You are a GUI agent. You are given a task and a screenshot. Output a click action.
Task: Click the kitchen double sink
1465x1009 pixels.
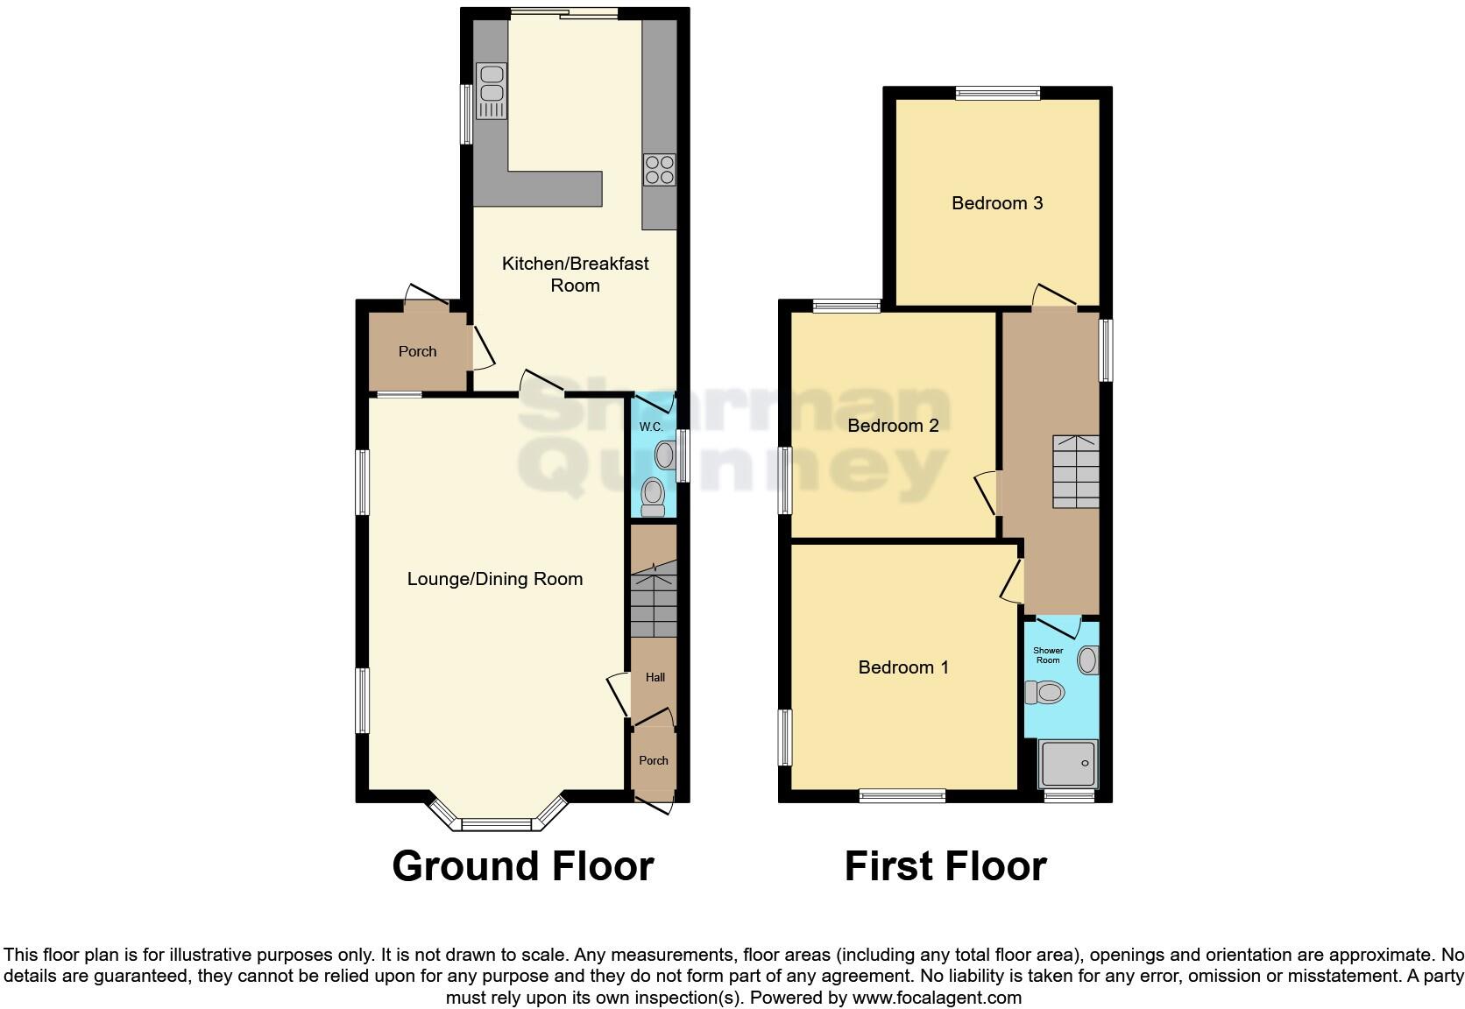(x=491, y=90)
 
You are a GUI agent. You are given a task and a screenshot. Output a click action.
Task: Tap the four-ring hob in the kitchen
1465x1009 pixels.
(x=659, y=170)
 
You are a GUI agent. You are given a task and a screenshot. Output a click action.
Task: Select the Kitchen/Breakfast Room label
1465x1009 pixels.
(x=575, y=274)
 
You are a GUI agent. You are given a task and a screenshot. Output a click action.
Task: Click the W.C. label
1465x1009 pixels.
(x=650, y=427)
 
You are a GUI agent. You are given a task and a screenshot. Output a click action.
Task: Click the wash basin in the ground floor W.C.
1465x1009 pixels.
(x=665, y=455)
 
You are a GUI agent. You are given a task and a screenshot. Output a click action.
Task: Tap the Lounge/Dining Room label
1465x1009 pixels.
(x=495, y=579)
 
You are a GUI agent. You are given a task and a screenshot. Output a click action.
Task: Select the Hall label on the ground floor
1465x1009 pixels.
(x=655, y=677)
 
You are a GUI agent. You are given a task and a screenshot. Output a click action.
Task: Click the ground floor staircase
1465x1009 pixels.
(x=654, y=604)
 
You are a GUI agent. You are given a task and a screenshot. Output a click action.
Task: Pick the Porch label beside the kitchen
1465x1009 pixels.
(x=417, y=351)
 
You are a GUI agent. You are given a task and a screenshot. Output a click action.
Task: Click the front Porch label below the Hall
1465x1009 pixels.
(x=654, y=760)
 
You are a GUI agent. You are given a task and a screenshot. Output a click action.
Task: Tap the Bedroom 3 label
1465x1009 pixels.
(x=997, y=203)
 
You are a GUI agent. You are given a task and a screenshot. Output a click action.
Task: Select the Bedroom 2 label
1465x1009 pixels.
(x=893, y=426)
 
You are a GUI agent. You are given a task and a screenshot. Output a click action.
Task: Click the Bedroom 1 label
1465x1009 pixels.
(x=903, y=667)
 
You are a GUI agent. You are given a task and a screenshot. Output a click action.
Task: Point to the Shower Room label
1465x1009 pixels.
(x=1048, y=655)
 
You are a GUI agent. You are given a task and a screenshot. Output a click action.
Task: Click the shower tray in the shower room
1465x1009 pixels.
(x=1067, y=764)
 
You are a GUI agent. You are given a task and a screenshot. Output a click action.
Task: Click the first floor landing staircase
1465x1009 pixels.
(x=1075, y=471)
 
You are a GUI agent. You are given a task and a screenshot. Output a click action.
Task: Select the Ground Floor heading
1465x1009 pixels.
(x=523, y=866)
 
